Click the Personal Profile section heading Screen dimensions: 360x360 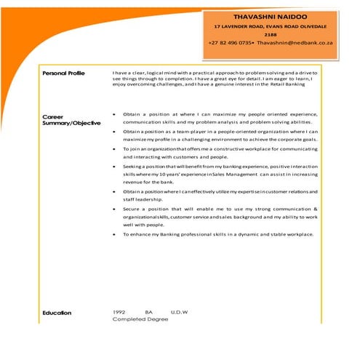[x=63, y=73]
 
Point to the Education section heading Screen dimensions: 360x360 [x=57, y=313]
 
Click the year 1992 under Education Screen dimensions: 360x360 [x=120, y=312]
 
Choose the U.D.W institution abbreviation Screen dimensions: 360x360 [x=179, y=312]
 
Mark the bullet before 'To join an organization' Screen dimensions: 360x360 [x=115, y=149]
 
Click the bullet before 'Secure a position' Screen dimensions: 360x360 [x=115, y=209]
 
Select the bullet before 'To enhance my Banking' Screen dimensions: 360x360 [x=115, y=234]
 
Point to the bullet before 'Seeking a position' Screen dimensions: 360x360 [x=115, y=167]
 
